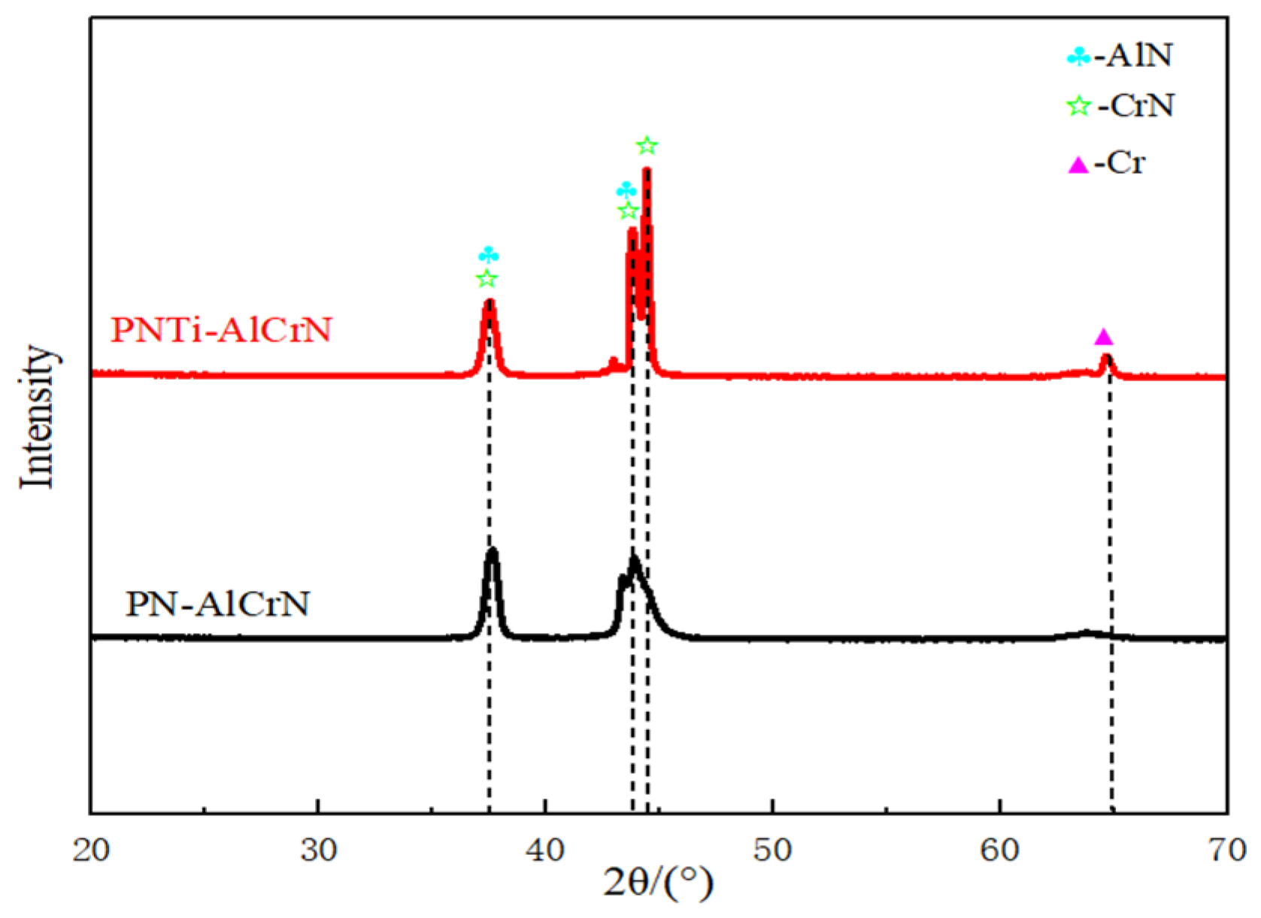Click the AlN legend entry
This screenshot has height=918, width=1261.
click(x=1120, y=56)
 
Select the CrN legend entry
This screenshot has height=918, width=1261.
click(x=1120, y=105)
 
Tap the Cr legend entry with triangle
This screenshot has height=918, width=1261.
click(x=1108, y=163)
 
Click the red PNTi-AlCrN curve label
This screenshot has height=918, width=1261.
click(x=221, y=330)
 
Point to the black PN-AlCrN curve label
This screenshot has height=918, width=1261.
click(x=217, y=604)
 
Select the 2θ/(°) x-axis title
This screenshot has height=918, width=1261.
click(x=658, y=882)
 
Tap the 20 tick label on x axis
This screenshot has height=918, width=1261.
click(x=91, y=850)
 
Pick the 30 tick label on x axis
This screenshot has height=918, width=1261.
click(x=318, y=850)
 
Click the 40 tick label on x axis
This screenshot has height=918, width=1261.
click(x=545, y=850)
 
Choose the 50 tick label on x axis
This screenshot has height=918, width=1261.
click(x=772, y=850)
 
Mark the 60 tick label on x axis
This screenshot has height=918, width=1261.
click(x=999, y=850)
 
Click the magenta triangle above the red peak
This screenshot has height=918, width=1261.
click(x=1103, y=337)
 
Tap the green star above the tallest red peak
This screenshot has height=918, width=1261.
click(x=647, y=146)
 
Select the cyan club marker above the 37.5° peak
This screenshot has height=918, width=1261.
click(x=488, y=254)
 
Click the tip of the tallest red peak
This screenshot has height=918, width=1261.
click(x=646, y=171)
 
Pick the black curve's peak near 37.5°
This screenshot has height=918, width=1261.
click(x=493, y=552)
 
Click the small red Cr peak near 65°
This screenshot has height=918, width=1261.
click(x=1105, y=357)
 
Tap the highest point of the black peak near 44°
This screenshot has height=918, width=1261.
click(x=634, y=559)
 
